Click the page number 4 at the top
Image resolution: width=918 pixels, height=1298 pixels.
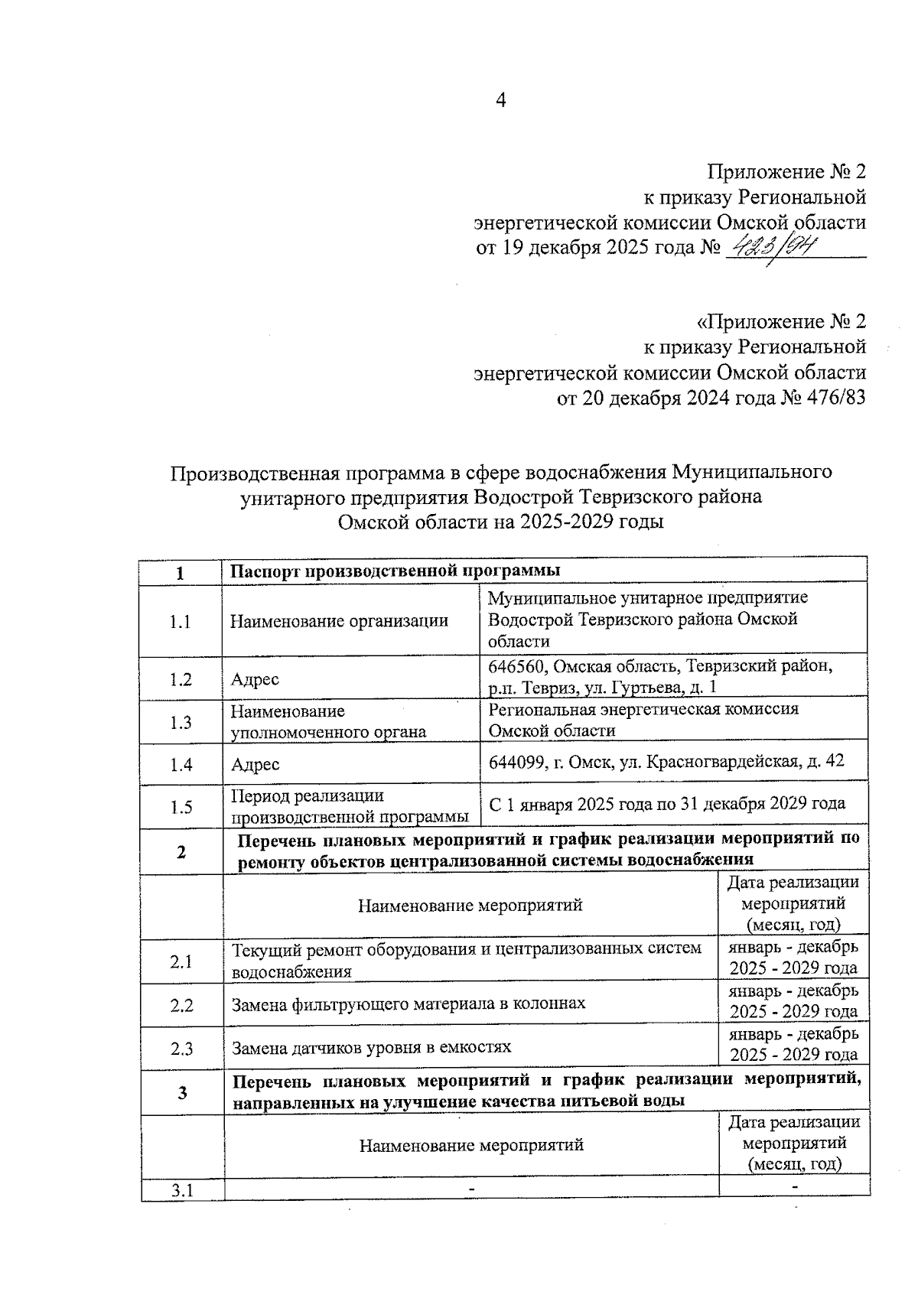click(501, 100)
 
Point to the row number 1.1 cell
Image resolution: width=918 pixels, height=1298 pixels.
click(181, 621)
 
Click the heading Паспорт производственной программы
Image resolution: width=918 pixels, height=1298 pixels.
click(396, 571)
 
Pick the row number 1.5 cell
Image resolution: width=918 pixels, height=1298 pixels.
click(181, 807)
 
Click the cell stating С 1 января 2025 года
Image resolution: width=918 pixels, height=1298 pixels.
click(666, 804)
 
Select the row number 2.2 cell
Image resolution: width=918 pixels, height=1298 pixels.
click(181, 1005)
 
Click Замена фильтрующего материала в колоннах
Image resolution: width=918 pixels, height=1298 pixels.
click(409, 1004)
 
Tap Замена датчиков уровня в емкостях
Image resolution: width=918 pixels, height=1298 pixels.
click(371, 1047)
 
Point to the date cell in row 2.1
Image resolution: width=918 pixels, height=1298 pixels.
click(793, 958)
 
